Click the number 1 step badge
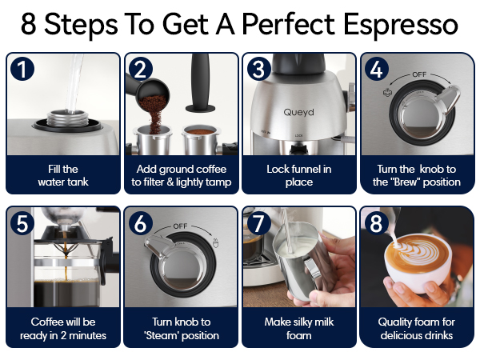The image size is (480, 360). tap(22, 69)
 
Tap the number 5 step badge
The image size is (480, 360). tap(22, 223)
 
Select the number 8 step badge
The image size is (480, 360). tap(376, 223)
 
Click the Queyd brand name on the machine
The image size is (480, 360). tap(298, 112)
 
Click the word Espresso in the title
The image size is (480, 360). tap(401, 25)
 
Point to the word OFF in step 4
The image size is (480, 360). tap(419, 74)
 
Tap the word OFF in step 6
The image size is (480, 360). tap(180, 226)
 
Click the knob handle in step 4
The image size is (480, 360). tap(449, 97)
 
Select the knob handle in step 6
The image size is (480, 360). tap(157, 246)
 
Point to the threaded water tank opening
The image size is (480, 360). tap(67, 118)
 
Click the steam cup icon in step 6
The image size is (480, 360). tap(215, 242)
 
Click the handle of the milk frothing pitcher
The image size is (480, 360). tap(313, 270)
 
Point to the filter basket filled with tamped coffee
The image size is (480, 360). tap(201, 140)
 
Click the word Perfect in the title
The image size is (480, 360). tap(288, 25)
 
